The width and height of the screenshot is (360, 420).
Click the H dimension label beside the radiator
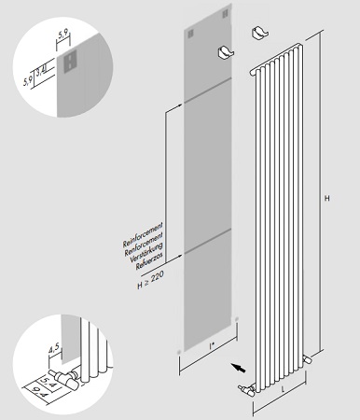coord(326,198)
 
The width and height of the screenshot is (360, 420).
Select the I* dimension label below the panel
coord(212,345)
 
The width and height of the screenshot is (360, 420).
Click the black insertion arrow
coord(238,368)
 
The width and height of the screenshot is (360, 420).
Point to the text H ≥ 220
coord(151,280)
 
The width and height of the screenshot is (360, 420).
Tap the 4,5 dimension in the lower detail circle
coord(53,349)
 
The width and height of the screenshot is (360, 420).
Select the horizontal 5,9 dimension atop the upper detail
coord(63,35)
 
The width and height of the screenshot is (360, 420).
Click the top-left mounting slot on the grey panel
coord(190,34)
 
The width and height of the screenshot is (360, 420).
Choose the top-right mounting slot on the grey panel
coord(226,14)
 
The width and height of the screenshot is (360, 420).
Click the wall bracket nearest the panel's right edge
coord(226,52)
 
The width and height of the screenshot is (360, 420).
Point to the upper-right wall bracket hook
coord(260,33)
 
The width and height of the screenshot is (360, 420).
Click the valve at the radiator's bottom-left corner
coord(247,390)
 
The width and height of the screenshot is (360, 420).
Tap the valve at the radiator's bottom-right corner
coord(308,359)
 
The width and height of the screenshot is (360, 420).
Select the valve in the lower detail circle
coord(66,377)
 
